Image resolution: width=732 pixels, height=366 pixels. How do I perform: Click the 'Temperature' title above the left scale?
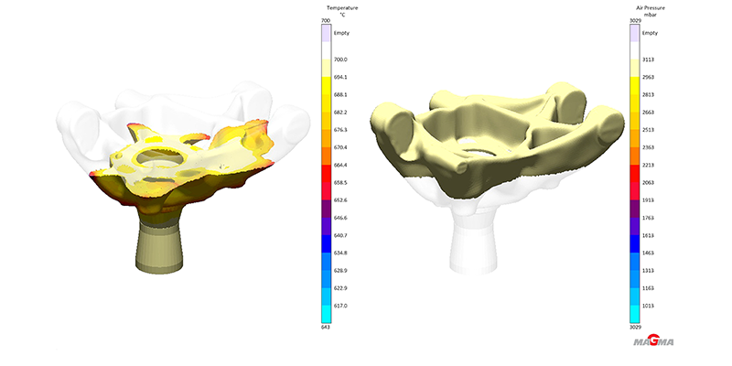click(342, 8)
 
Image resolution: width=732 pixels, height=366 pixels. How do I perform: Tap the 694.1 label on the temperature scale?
click(340, 77)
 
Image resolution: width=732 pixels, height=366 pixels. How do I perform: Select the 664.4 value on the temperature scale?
click(340, 165)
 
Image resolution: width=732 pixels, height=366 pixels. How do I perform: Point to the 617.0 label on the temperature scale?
click(340, 306)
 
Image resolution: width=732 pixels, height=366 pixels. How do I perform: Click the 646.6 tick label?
click(340, 218)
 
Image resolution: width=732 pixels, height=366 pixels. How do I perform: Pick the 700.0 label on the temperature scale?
click(340, 59)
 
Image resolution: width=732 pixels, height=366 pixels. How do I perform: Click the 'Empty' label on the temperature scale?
click(341, 33)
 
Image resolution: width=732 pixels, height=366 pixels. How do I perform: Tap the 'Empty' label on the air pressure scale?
click(651, 33)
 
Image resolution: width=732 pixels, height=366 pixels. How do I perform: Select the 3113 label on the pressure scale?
click(649, 59)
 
